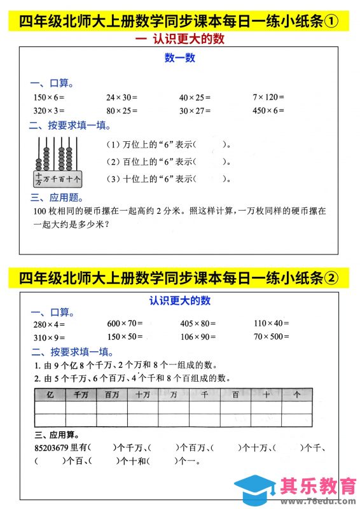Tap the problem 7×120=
coord(268,97)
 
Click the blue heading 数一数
coord(180,59)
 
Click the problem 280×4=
coord(48,324)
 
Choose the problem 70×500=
coord(272,337)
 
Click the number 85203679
coord(51,448)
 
